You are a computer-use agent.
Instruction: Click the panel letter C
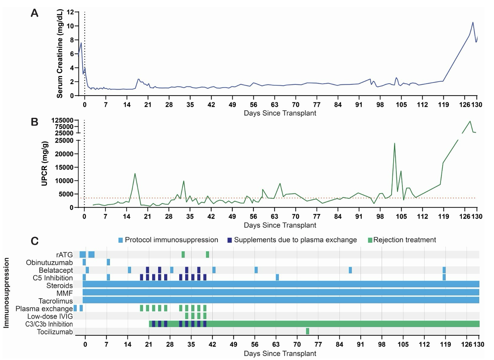click(x=35, y=241)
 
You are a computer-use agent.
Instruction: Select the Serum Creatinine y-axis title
click(x=60, y=54)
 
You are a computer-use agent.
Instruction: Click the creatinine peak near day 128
click(x=473, y=22)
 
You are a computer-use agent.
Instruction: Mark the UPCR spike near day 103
click(x=394, y=143)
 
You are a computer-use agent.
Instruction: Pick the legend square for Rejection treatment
click(x=369, y=240)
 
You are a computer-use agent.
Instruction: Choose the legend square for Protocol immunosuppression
click(x=121, y=240)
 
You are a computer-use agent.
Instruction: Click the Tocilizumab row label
click(x=55, y=331)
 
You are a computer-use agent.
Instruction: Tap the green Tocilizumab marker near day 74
click(x=308, y=331)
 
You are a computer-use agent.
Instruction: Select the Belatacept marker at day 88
click(x=350, y=270)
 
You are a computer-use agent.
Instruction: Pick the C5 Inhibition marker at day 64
click(x=277, y=278)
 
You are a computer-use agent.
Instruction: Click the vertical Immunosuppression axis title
click(x=7, y=293)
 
